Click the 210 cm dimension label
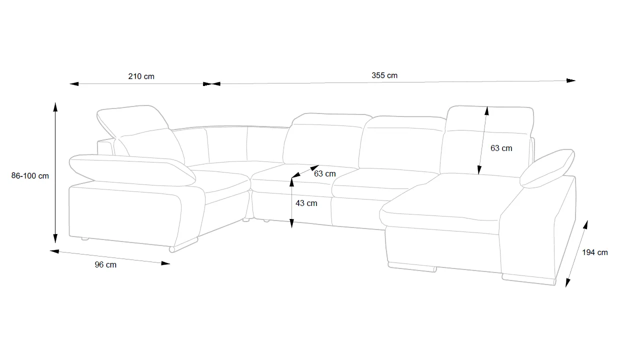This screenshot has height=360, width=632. (x=141, y=76)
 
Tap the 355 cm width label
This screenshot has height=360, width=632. (x=384, y=75)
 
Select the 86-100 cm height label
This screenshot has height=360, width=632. (x=30, y=176)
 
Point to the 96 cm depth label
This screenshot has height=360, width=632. (x=105, y=264)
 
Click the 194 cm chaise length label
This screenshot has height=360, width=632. (x=595, y=252)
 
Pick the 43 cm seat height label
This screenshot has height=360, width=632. (x=306, y=203)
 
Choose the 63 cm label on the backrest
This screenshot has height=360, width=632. (x=501, y=148)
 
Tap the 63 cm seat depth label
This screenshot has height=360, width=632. (x=325, y=174)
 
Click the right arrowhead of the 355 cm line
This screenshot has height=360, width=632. (x=571, y=80)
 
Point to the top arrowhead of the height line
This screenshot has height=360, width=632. (x=55, y=106)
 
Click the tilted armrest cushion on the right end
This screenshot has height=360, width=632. (x=547, y=167)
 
